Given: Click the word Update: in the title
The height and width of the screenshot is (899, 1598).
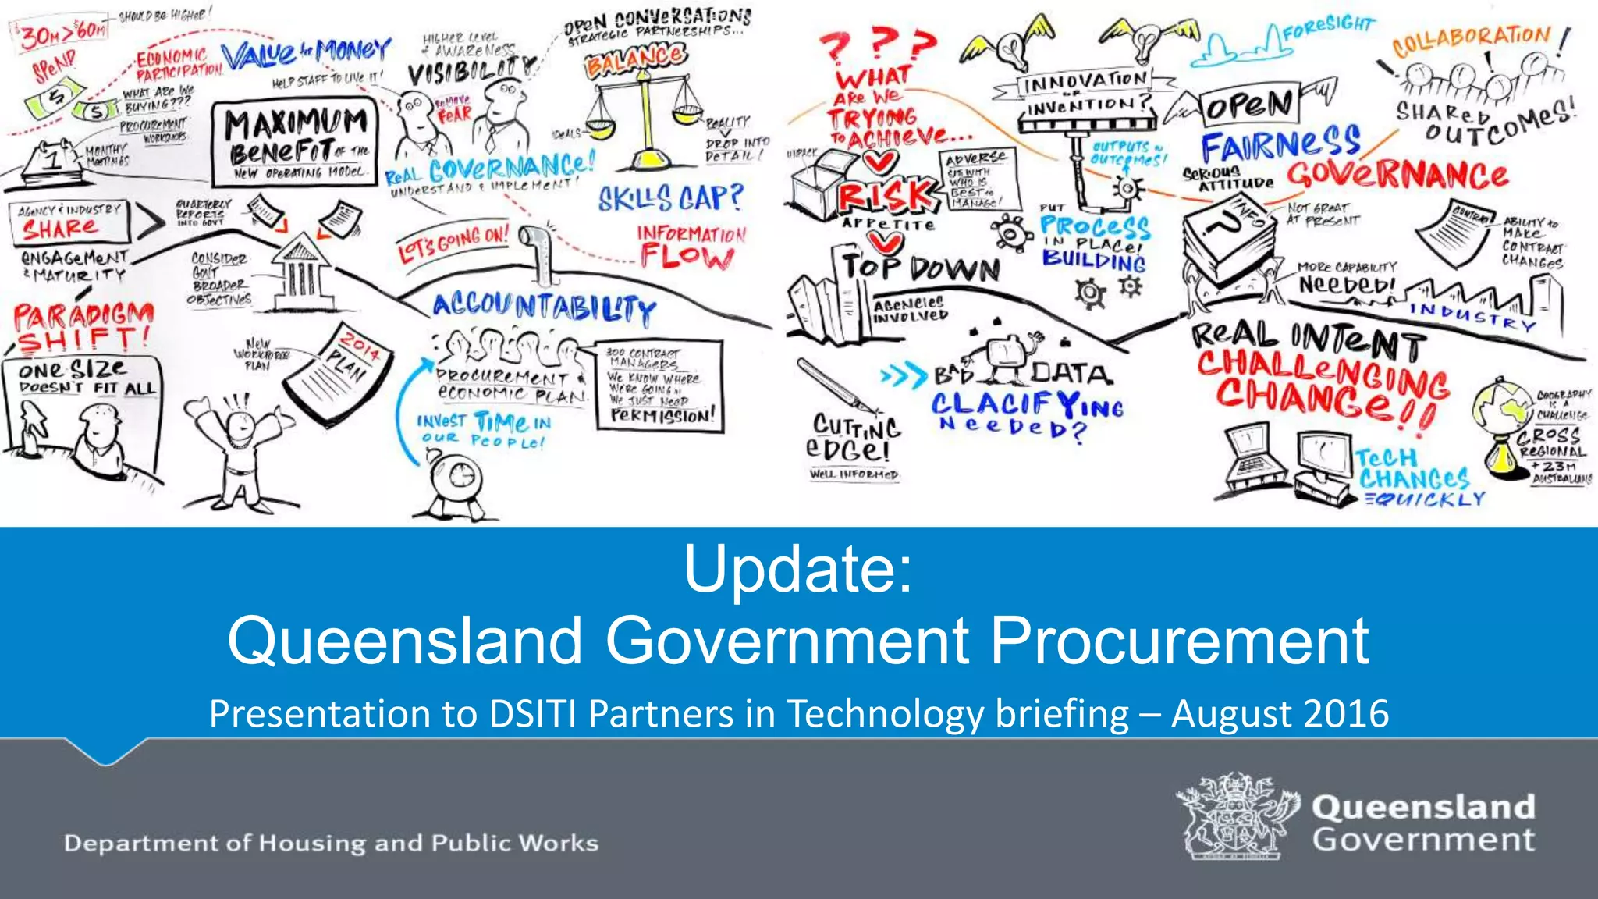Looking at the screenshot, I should (x=797, y=570).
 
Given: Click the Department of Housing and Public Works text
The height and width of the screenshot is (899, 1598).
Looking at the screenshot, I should (x=331, y=843).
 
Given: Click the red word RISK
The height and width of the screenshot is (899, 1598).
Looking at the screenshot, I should (x=885, y=195).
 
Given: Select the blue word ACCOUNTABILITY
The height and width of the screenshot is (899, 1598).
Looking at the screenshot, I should (x=544, y=307).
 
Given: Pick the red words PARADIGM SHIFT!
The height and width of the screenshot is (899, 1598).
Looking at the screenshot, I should (x=83, y=328).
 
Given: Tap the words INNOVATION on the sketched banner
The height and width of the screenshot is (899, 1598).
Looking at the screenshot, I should (x=1085, y=81).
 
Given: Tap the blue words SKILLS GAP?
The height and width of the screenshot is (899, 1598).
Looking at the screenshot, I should (x=670, y=198).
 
